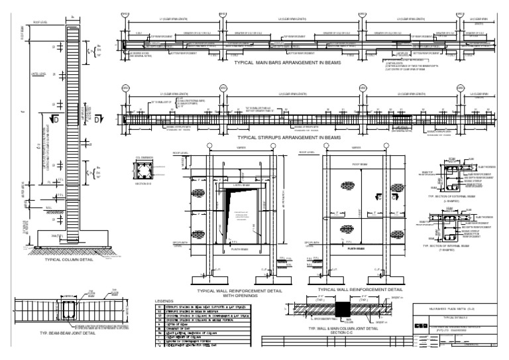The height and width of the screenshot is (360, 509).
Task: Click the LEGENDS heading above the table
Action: tap(164, 301)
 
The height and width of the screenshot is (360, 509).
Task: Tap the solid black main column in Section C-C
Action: tap(343, 310)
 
